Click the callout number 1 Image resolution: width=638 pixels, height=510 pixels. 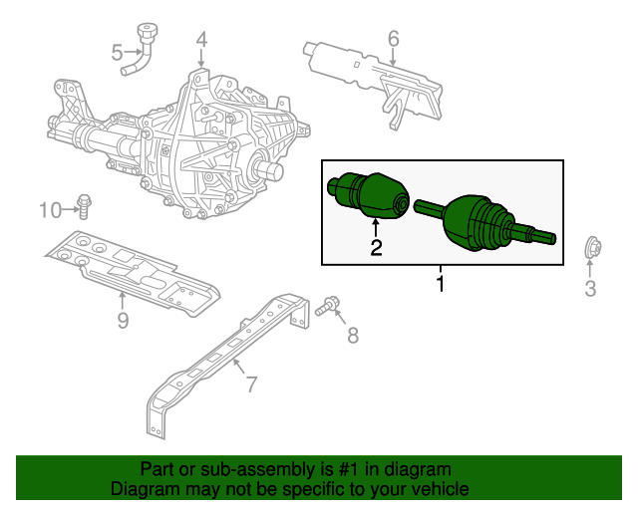point(440,285)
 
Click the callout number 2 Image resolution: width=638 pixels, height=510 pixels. point(376,248)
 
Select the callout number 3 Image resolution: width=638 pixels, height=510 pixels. point(590,290)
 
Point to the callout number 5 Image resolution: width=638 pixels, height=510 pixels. point(117,51)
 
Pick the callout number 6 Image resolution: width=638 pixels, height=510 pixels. point(393,39)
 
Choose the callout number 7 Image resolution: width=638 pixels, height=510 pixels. point(250,383)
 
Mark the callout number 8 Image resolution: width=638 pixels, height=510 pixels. point(352,336)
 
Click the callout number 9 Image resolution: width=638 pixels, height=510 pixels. point(123,320)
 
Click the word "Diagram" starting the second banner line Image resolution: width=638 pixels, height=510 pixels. point(144,489)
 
